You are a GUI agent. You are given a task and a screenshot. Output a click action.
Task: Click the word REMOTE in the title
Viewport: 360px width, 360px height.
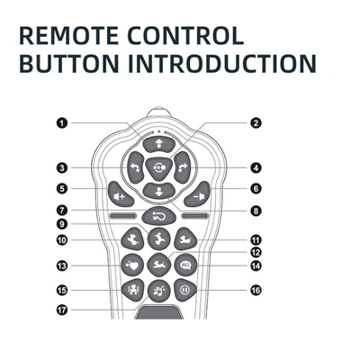click(x=69, y=36)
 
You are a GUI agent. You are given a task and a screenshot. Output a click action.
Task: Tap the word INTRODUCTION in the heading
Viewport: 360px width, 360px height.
click(x=222, y=64)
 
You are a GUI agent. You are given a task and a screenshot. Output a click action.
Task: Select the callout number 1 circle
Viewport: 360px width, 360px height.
click(x=62, y=123)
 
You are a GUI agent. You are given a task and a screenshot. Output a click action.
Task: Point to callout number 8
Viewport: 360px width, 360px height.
click(x=256, y=211)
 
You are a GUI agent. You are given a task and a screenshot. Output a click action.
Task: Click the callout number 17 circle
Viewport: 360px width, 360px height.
click(x=62, y=310)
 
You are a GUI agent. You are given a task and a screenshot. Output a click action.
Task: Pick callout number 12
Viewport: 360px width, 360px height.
click(x=256, y=253)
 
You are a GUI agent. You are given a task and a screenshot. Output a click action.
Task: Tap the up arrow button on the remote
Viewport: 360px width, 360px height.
click(x=159, y=144)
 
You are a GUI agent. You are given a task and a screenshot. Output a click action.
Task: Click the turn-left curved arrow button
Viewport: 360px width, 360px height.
click(x=136, y=167)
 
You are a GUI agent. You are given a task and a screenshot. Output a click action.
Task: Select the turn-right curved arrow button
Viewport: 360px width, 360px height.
click(x=182, y=167)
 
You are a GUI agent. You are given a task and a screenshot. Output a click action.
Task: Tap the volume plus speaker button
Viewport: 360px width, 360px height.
click(x=121, y=194)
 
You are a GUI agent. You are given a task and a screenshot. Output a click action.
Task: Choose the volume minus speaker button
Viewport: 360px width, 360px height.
click(x=197, y=194)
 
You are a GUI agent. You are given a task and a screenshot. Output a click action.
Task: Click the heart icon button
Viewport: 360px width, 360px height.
click(x=132, y=265)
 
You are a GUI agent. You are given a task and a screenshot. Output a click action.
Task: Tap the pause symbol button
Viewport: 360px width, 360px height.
click(x=185, y=290)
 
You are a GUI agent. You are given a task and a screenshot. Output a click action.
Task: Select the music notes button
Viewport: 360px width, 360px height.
click(x=159, y=291)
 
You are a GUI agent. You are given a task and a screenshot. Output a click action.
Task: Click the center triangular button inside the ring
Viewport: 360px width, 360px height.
click(x=159, y=168)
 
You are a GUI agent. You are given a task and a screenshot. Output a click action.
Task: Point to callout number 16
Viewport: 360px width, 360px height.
click(x=256, y=290)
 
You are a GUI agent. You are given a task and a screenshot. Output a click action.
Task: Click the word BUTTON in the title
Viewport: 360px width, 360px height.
click(x=69, y=64)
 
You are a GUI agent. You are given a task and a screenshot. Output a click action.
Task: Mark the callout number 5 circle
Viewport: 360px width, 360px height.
click(x=62, y=189)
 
